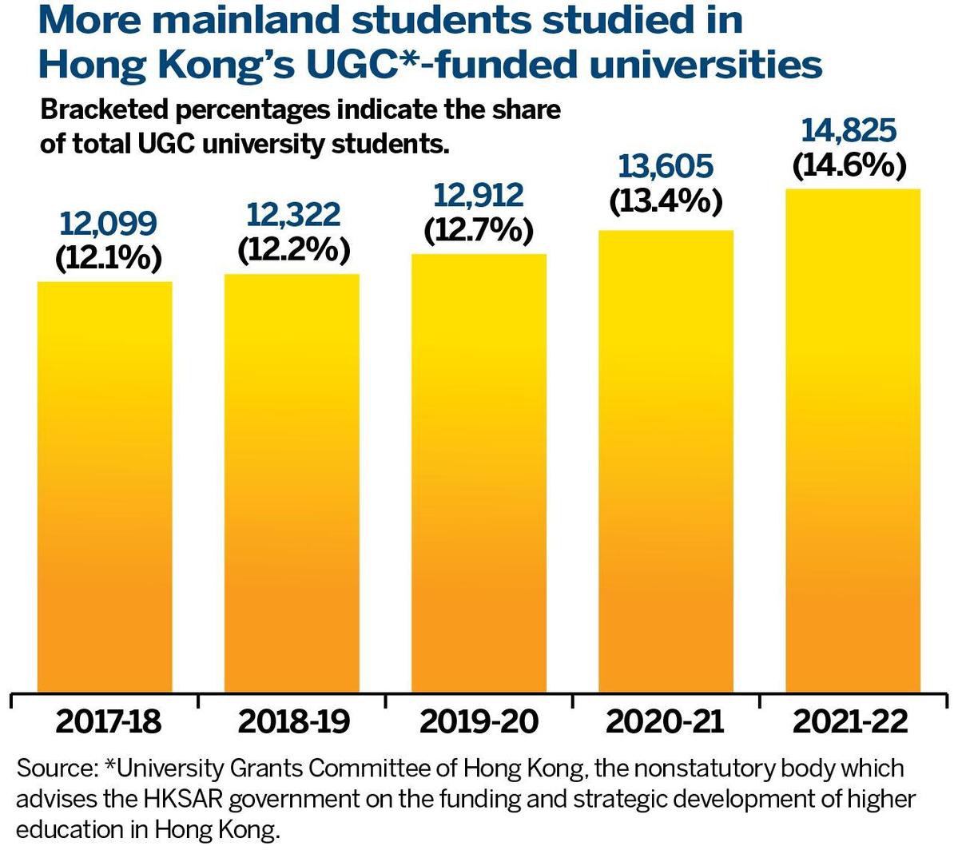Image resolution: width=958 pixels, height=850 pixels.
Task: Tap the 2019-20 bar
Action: pyautogui.click(x=479, y=472)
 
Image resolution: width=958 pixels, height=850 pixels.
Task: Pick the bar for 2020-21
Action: pyautogui.click(x=666, y=460)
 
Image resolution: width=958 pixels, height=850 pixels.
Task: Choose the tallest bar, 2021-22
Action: pyautogui.click(x=853, y=439)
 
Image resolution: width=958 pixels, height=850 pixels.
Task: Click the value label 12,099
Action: pyautogui.click(x=108, y=224)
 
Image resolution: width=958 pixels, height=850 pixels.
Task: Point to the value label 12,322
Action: pyautogui.click(x=293, y=215)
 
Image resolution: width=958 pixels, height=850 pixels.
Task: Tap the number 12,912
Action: pyautogui.click(x=478, y=196)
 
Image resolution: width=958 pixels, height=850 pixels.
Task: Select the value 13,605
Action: pyautogui.click(x=665, y=167)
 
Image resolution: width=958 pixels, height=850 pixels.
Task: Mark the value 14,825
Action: pyautogui.click(x=849, y=130)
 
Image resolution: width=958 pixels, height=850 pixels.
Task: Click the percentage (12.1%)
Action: pyautogui.click(x=108, y=258)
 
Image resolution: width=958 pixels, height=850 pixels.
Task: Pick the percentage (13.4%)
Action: pyautogui.click(x=666, y=201)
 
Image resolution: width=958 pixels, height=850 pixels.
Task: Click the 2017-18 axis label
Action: pyautogui.click(x=108, y=721)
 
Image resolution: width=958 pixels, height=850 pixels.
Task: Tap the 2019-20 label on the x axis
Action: pyautogui.click(x=479, y=721)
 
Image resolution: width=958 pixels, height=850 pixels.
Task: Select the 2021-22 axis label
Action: pyautogui.click(x=850, y=721)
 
